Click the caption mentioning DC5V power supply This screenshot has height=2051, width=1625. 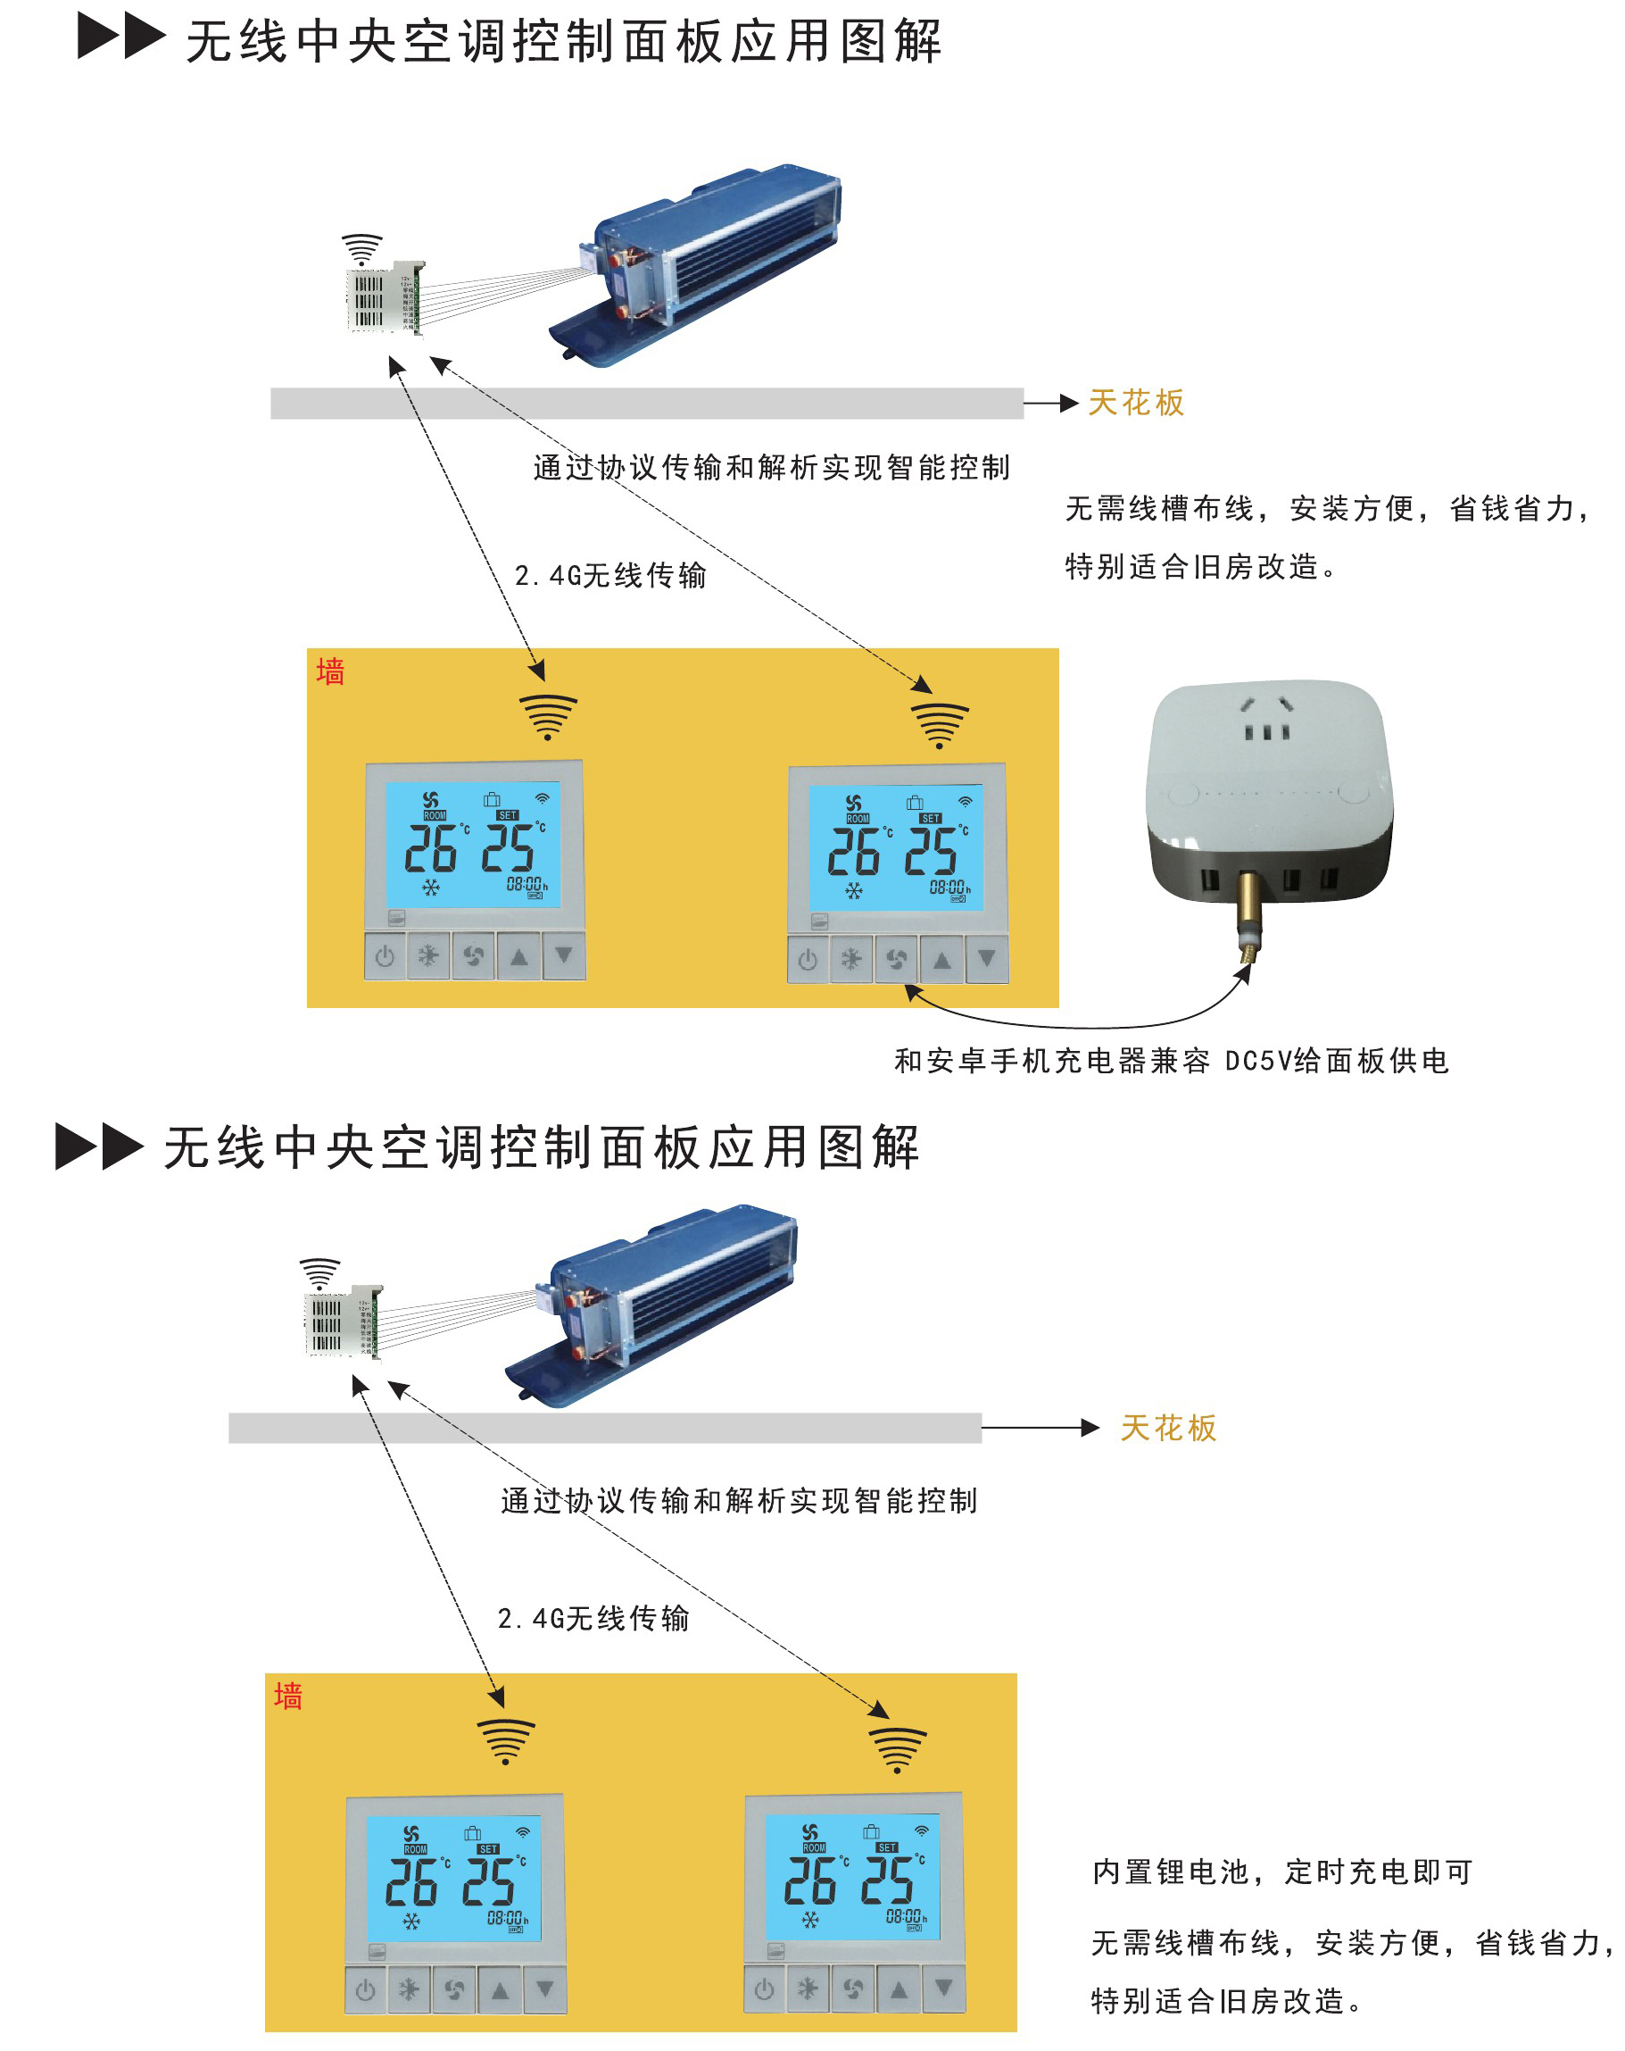pos(1172,1062)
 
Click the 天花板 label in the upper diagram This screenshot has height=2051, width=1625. pos(1136,404)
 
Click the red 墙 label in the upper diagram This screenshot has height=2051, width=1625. pos(330,672)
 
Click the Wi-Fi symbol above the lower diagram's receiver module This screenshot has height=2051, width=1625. pos(319,1271)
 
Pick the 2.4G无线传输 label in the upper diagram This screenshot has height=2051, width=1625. pos(610,576)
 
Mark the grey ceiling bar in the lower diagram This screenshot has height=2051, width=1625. pos(605,1429)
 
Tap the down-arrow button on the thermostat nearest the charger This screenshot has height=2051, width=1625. pos(987,959)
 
